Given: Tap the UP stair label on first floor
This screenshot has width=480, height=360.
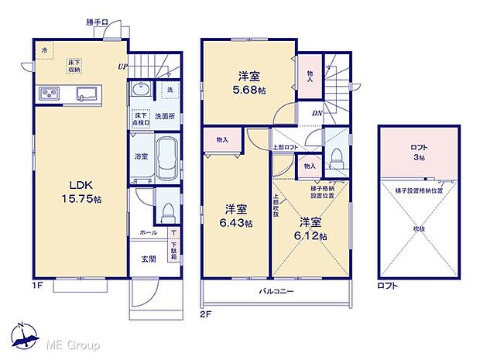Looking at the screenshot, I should point(122,67).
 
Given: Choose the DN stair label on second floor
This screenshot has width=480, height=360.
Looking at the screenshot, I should point(317,114).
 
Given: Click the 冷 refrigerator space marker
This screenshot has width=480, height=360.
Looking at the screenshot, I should point(45,50).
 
